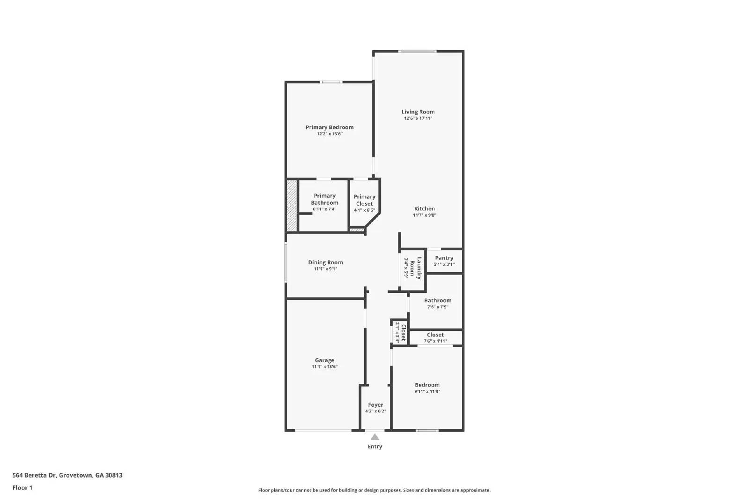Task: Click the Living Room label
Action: tap(418, 112)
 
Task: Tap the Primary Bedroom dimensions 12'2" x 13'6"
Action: tap(330, 134)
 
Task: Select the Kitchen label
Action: tap(424, 209)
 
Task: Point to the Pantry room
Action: tap(444, 261)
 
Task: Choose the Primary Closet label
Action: tap(364, 200)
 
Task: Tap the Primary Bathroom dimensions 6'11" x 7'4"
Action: tap(324, 209)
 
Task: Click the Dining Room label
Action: tap(325, 262)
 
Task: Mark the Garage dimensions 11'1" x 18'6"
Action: tap(324, 367)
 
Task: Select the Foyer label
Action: tap(375, 405)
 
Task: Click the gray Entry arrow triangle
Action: tap(375, 437)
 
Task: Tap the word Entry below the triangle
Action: tap(374, 447)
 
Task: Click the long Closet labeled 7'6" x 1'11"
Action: tap(435, 337)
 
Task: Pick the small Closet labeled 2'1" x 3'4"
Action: tap(400, 332)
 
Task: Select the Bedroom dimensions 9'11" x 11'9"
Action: tap(427, 392)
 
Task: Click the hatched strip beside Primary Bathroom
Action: tap(292, 205)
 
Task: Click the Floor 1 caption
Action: tap(22, 488)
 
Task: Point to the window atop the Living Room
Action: tap(417, 51)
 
